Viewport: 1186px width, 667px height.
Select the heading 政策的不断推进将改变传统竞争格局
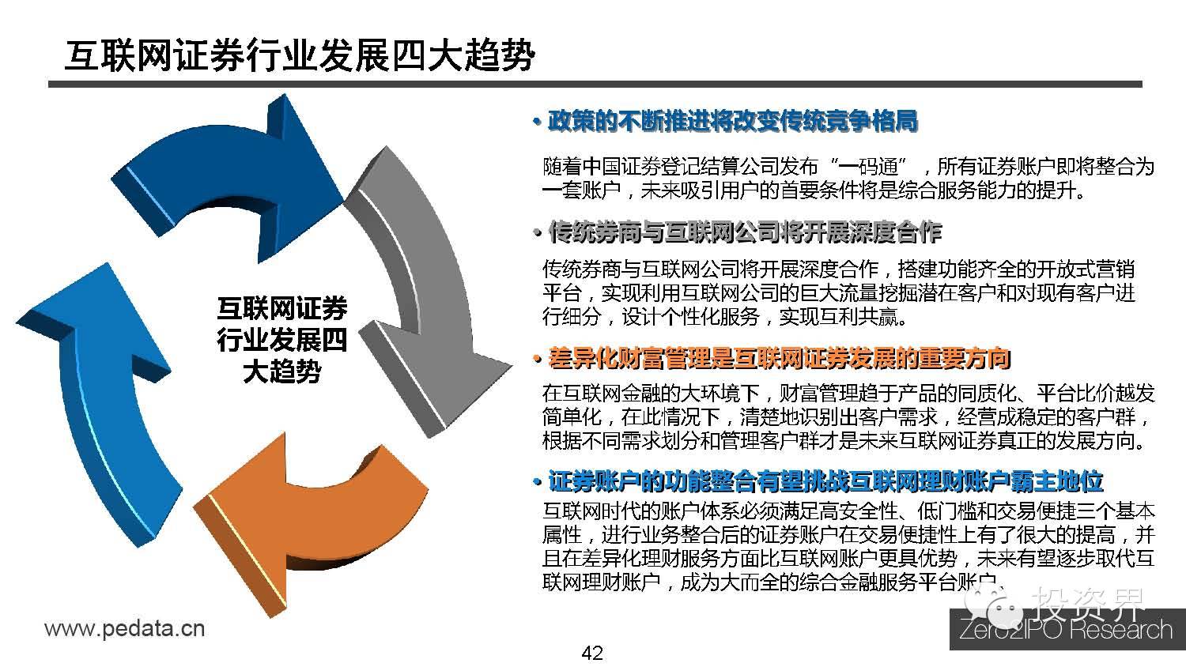(x=732, y=122)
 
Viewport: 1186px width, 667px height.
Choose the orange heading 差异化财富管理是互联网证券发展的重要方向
(x=780, y=359)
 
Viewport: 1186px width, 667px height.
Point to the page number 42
(x=591, y=653)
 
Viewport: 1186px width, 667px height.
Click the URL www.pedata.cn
(x=125, y=629)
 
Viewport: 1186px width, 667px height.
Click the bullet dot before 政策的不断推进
(x=537, y=123)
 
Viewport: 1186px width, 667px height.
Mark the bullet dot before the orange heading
(x=538, y=360)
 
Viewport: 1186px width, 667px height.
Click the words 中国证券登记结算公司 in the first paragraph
(x=661, y=168)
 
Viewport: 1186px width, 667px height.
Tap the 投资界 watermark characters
(x=1091, y=605)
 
